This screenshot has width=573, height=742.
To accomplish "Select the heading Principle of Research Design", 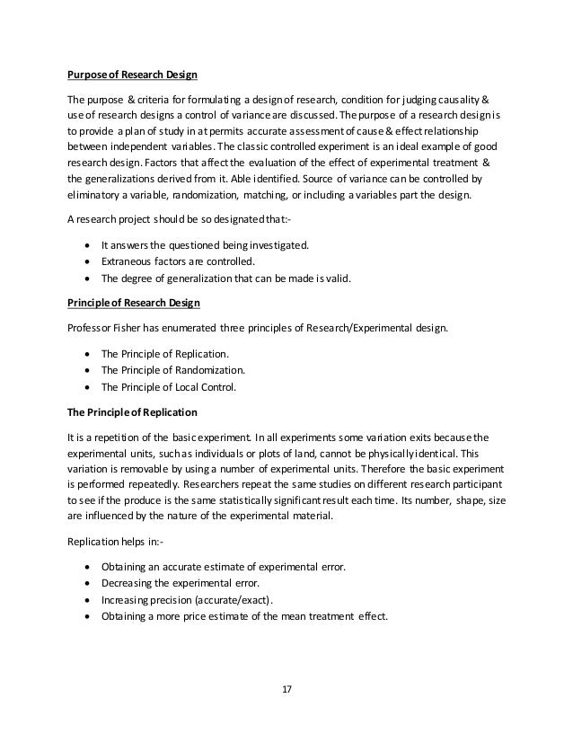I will [x=135, y=303].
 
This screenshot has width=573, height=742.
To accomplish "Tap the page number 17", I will [x=286, y=690].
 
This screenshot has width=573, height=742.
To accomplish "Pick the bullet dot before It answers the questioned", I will [x=85, y=244].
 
